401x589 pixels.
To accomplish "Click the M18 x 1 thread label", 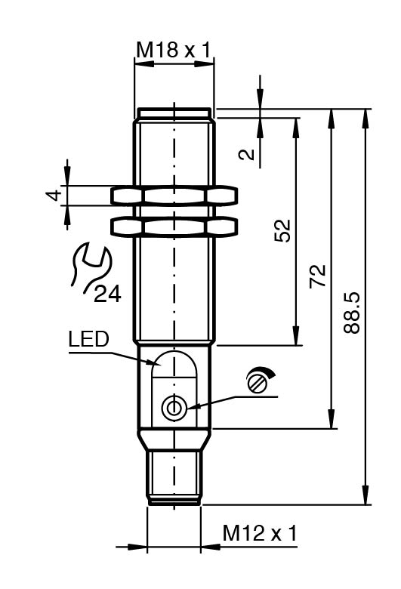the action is (173, 50).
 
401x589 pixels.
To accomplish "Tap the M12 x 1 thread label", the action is (260, 533).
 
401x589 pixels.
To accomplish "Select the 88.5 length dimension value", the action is (352, 313).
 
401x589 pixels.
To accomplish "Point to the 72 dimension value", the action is (318, 276).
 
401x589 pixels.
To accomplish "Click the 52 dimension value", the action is (282, 230).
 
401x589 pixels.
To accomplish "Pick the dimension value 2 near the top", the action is (246, 154).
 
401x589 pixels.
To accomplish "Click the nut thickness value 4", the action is (54, 196).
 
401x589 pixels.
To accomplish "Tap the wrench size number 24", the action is (107, 294).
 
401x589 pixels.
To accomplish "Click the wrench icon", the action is (89, 268).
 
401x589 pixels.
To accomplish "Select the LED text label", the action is (88, 339).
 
